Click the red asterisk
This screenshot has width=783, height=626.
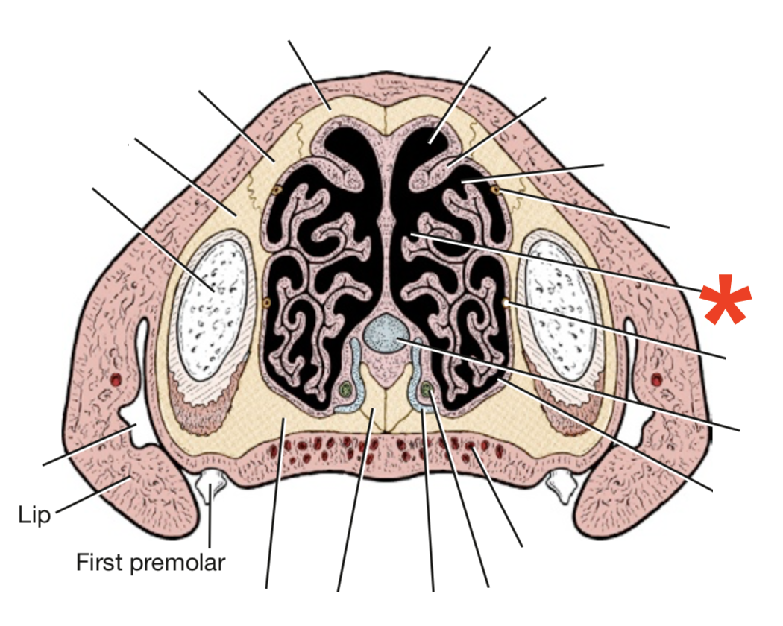725,299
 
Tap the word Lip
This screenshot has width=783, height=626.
34,514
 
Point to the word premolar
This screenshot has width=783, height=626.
177,562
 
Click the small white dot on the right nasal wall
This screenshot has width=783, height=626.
506,303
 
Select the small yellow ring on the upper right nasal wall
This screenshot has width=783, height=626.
495,190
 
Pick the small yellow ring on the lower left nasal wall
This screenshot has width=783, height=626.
267,303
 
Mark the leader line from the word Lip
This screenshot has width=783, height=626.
89,498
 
